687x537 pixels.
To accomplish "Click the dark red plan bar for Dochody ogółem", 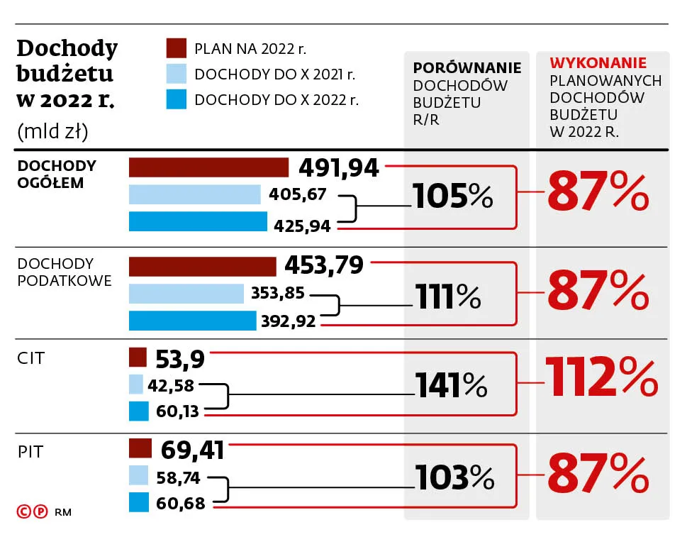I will pyautogui.click(x=208, y=167).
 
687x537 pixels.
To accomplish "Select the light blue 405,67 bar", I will pyautogui.click(x=195, y=194).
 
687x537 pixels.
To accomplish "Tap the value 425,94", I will pyautogui.click(x=303, y=226).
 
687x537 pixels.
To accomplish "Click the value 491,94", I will pyautogui.click(x=339, y=167).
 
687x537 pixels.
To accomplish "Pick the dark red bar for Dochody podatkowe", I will pyautogui.click(x=202, y=266).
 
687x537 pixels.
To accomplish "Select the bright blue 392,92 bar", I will pyautogui.click(x=192, y=321).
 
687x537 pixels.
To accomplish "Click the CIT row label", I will pyautogui.click(x=30, y=358).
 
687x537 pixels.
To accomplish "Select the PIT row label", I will pyautogui.click(x=30, y=452).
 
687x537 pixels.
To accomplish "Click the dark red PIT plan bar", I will pyautogui.click(x=140, y=449).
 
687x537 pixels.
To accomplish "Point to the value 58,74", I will pyautogui.click(x=178, y=478).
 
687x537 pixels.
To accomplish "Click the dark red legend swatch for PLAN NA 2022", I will pyautogui.click(x=176, y=48).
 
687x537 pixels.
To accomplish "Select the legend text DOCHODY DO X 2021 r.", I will pyautogui.click(x=275, y=74).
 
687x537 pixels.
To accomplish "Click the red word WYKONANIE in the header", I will pyautogui.click(x=598, y=63).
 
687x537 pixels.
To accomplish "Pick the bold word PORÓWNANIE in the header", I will pyautogui.click(x=467, y=68).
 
